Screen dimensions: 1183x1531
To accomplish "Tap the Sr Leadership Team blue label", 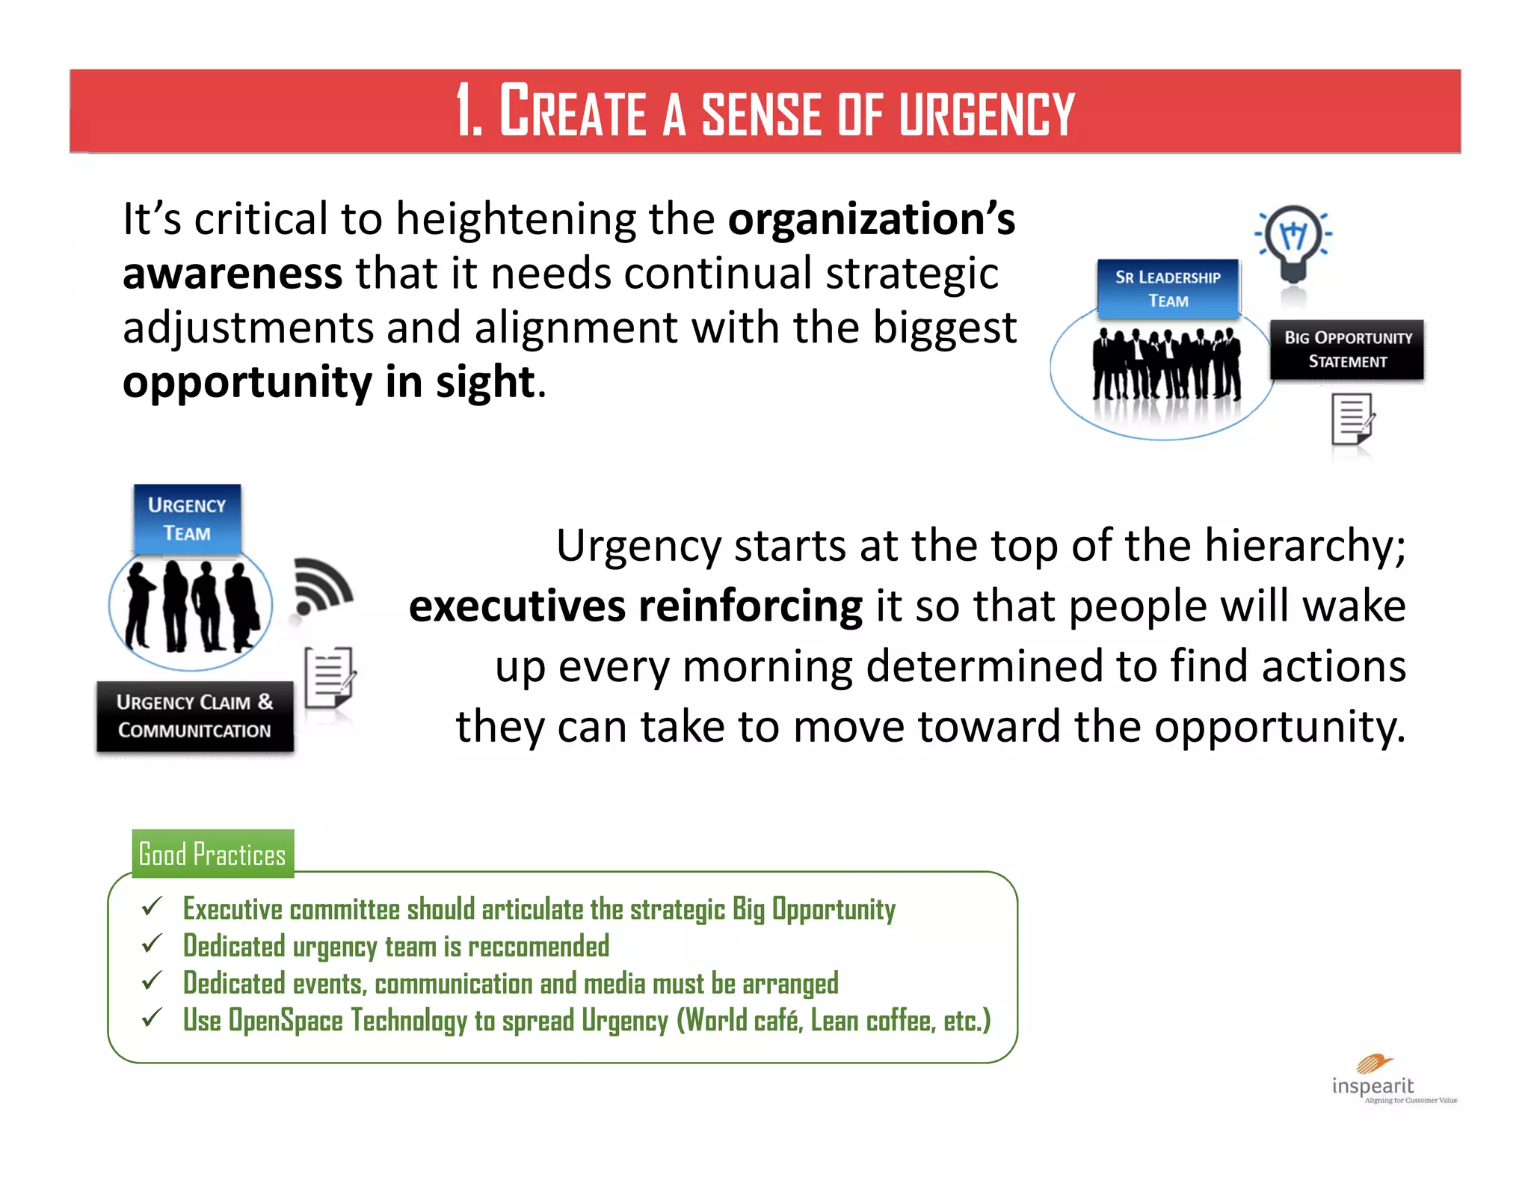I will pyautogui.click(x=1168, y=289).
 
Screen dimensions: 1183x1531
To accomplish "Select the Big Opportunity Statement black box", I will pyautogui.click(x=1347, y=349).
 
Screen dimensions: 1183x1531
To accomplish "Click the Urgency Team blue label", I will pyautogui.click(x=187, y=519).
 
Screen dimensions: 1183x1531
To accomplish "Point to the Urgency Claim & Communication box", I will pyautogui.click(x=195, y=716).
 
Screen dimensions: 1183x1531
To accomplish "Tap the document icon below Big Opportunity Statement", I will pyautogui.click(x=1352, y=420).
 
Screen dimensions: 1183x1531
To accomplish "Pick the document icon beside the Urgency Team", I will pyautogui.click(x=329, y=677).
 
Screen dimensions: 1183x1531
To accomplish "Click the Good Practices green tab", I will pyautogui.click(x=213, y=853).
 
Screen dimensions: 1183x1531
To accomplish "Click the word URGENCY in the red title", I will pyautogui.click(x=986, y=114).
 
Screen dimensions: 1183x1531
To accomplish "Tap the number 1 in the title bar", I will pyautogui.click(x=466, y=111).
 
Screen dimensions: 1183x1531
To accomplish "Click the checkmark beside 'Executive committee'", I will pyautogui.click(x=152, y=906).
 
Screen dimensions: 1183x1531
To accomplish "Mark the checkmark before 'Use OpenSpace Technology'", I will pyautogui.click(x=152, y=1018).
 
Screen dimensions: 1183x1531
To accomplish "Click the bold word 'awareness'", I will pyautogui.click(x=232, y=274).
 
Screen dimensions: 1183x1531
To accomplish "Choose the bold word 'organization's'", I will pyautogui.click(x=872, y=220).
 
